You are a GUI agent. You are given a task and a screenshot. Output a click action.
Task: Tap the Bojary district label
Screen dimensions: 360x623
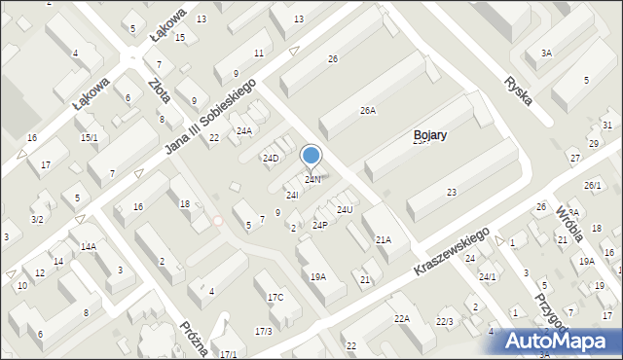[x=429, y=135]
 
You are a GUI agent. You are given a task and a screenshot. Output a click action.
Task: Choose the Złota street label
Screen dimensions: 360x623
[x=160, y=85]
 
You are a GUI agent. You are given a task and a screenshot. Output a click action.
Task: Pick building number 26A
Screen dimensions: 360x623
[x=368, y=111]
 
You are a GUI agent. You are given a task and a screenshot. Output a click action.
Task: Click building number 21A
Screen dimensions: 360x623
[x=384, y=239]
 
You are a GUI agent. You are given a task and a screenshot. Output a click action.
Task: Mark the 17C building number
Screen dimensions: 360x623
[x=275, y=297]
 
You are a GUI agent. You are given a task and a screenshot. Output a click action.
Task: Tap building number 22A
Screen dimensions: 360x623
[x=402, y=318]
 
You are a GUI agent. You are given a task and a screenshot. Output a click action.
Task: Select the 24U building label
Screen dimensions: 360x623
[x=345, y=210]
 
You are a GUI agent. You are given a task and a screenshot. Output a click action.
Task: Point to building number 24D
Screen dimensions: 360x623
[x=271, y=159]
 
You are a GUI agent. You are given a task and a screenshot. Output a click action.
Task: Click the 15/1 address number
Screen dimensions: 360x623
[x=89, y=138]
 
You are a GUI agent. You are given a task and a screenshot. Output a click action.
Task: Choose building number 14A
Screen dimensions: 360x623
[x=89, y=247]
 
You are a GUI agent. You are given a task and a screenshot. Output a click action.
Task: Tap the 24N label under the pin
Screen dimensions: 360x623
[x=312, y=180]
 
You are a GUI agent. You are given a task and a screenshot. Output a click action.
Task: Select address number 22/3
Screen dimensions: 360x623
[x=445, y=322]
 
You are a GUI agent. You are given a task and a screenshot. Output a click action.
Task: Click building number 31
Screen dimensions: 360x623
[x=607, y=126]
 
